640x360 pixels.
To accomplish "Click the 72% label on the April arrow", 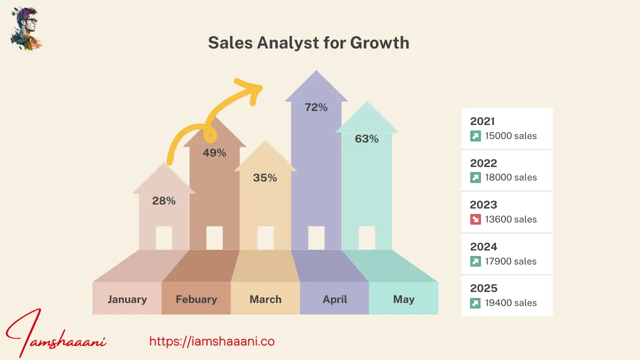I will pos(316,107).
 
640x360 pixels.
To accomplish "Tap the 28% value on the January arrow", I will pos(164,200).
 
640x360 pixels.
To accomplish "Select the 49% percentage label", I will pos(214,153).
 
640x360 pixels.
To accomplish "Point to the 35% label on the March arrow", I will pos(265,177).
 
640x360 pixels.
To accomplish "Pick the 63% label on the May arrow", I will pos(366,139).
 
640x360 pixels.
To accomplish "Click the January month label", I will pos(127,299).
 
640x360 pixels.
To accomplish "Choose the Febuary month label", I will pos(196,299).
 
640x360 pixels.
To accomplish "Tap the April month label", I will pos(334,299).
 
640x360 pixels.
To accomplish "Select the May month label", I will pos(403,299).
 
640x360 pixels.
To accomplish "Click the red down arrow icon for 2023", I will pos(475,219).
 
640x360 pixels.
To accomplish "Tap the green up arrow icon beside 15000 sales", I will pos(475,135).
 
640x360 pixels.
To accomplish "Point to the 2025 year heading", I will pos(483,288).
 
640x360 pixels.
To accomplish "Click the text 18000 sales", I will pos(510,177).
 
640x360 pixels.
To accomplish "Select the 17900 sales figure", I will pos(510,261).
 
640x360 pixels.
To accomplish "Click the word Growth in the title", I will pos(379,43).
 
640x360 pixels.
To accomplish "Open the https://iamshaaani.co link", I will pos(212,341).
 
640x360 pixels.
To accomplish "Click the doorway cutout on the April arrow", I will pos(316,237).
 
